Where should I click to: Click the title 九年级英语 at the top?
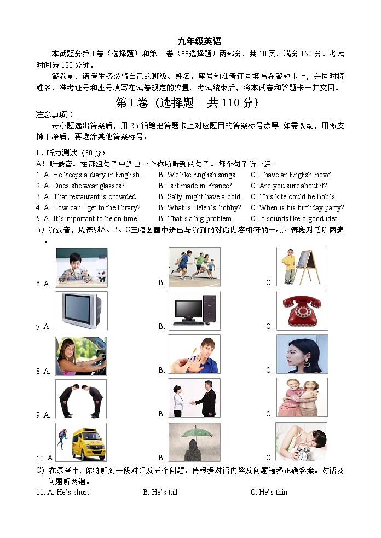tap(199, 42)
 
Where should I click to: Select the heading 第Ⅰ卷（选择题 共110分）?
tap(187, 102)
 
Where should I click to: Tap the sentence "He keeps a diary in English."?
tap(96, 175)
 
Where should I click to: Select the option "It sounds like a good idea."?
tap(299, 219)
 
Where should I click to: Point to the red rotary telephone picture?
tap(302, 310)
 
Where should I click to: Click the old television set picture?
tap(81, 310)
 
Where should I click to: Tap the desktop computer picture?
tap(194, 310)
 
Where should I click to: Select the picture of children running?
tap(194, 267)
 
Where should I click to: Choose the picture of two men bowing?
tap(81, 398)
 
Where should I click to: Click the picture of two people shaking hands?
tap(194, 398)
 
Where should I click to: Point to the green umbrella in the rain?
tap(194, 433)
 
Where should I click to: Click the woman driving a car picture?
tap(81, 355)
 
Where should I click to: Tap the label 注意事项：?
tap(54, 114)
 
